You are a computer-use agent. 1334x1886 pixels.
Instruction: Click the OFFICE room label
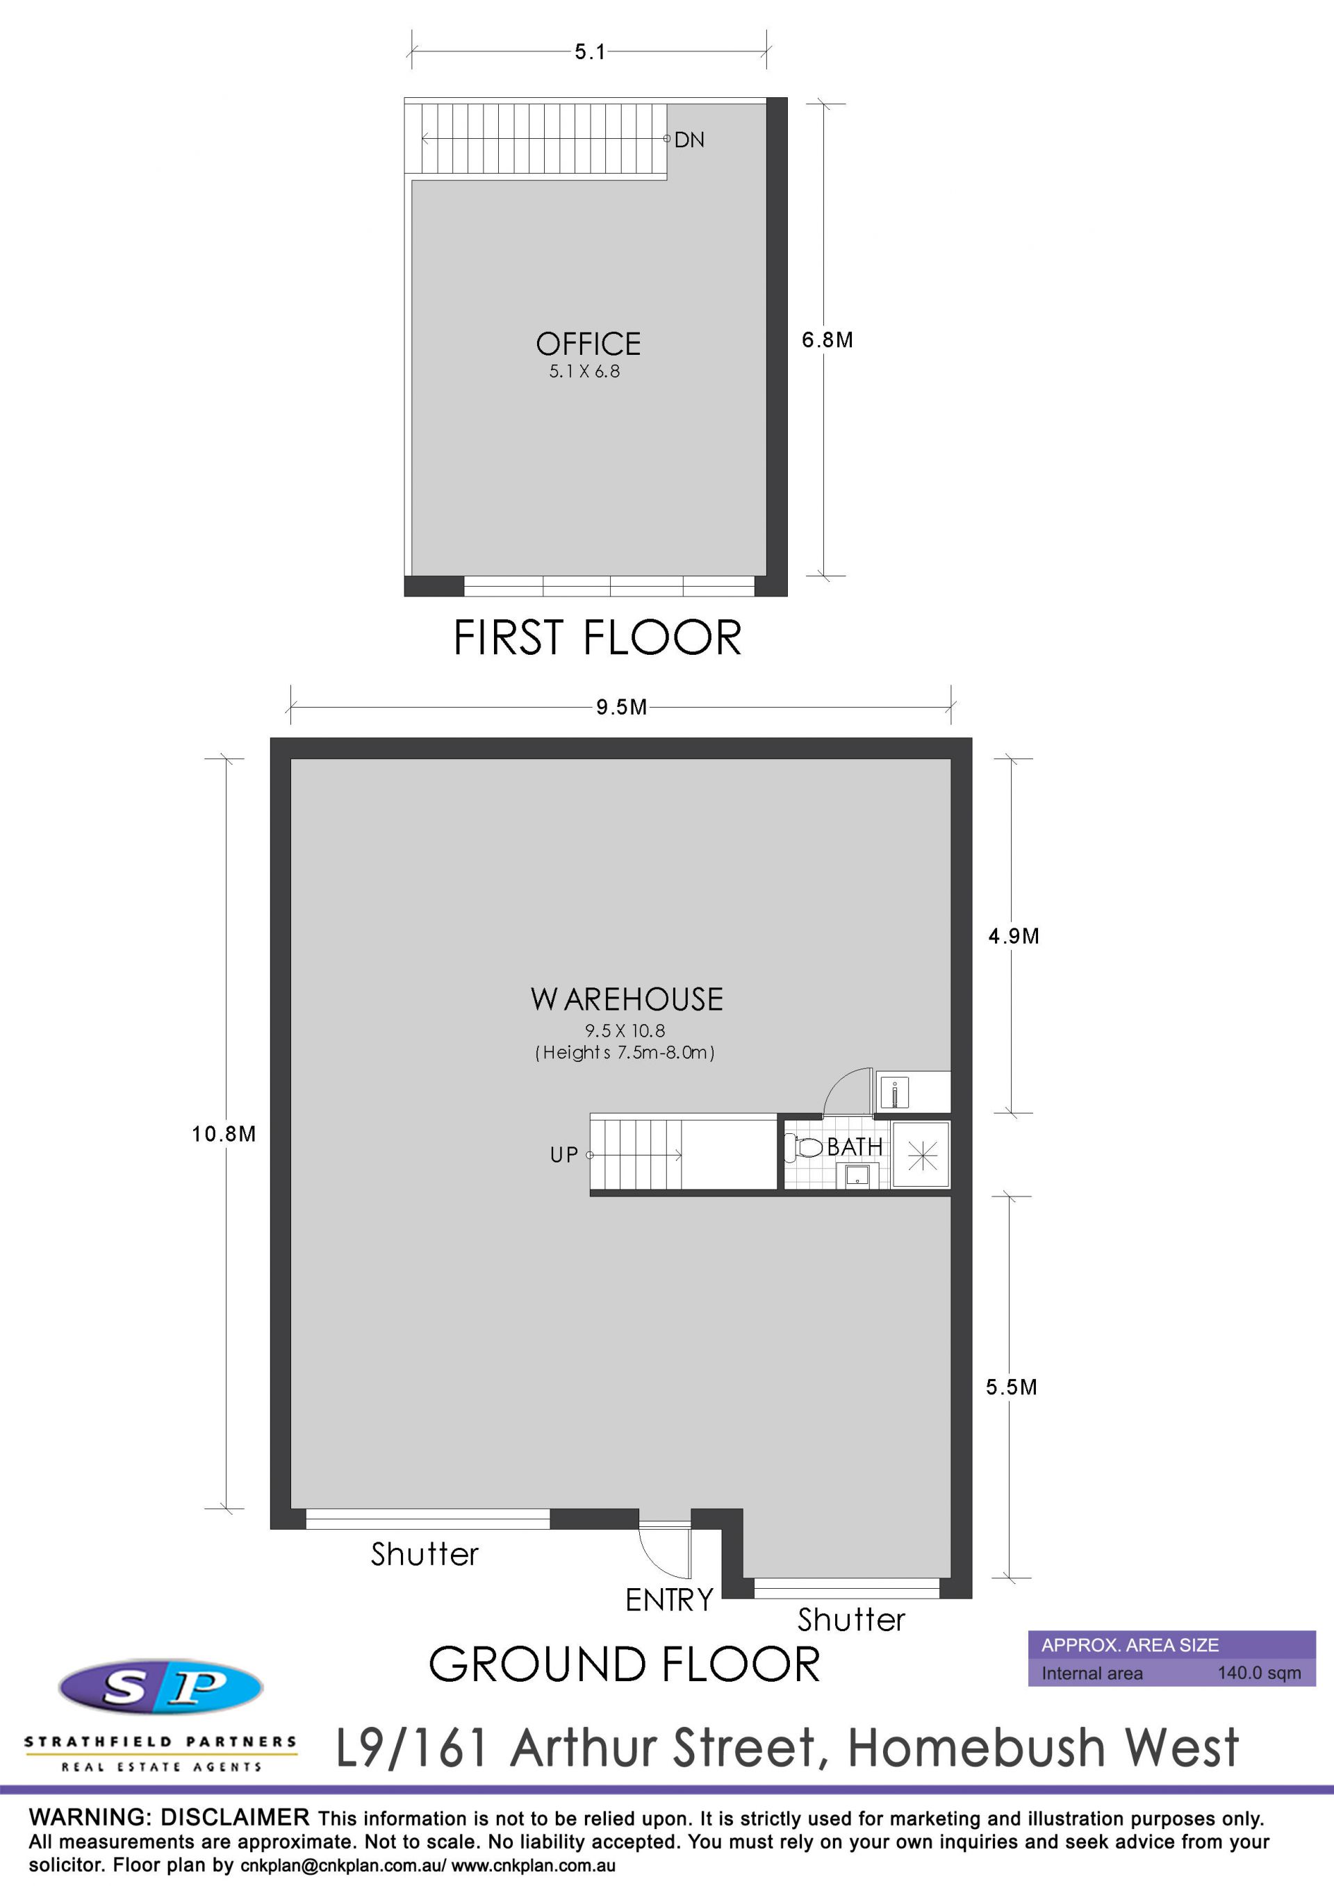(588, 343)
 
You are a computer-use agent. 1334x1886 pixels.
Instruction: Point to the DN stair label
(689, 140)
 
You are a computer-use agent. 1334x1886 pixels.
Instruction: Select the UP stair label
(564, 1155)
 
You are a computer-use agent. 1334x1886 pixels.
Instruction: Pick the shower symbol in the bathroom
(921, 1155)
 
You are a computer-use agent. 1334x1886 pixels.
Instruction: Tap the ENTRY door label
(669, 1599)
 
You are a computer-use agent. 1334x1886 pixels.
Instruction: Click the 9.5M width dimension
(621, 707)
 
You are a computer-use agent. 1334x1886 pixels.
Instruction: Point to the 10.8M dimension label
(224, 1135)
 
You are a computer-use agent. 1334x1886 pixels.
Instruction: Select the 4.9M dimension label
(1014, 937)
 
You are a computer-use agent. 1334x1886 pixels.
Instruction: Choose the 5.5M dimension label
(1012, 1387)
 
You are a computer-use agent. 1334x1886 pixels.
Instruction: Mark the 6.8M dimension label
(827, 340)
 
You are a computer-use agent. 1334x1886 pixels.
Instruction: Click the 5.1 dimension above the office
(590, 52)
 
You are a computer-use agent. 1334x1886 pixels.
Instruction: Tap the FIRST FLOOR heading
(598, 637)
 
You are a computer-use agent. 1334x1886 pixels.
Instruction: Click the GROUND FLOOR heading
(625, 1664)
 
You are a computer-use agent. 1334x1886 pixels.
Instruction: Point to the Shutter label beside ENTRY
(852, 1620)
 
